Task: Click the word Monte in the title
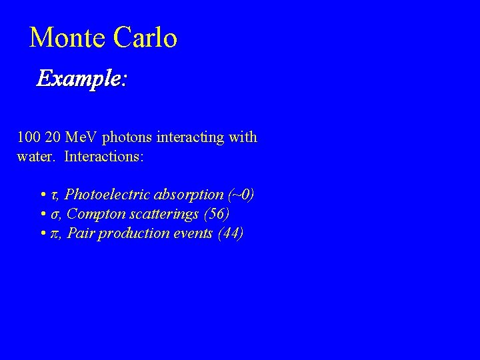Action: (x=67, y=37)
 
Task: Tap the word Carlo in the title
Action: (x=145, y=37)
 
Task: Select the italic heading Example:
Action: (x=81, y=79)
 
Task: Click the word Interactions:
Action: (x=104, y=157)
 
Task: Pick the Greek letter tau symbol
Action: (x=55, y=195)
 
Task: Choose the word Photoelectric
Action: (x=108, y=195)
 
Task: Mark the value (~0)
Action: (x=241, y=195)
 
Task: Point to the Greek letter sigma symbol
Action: (x=55, y=215)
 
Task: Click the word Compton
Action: (x=93, y=214)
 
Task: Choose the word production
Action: (x=130, y=233)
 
